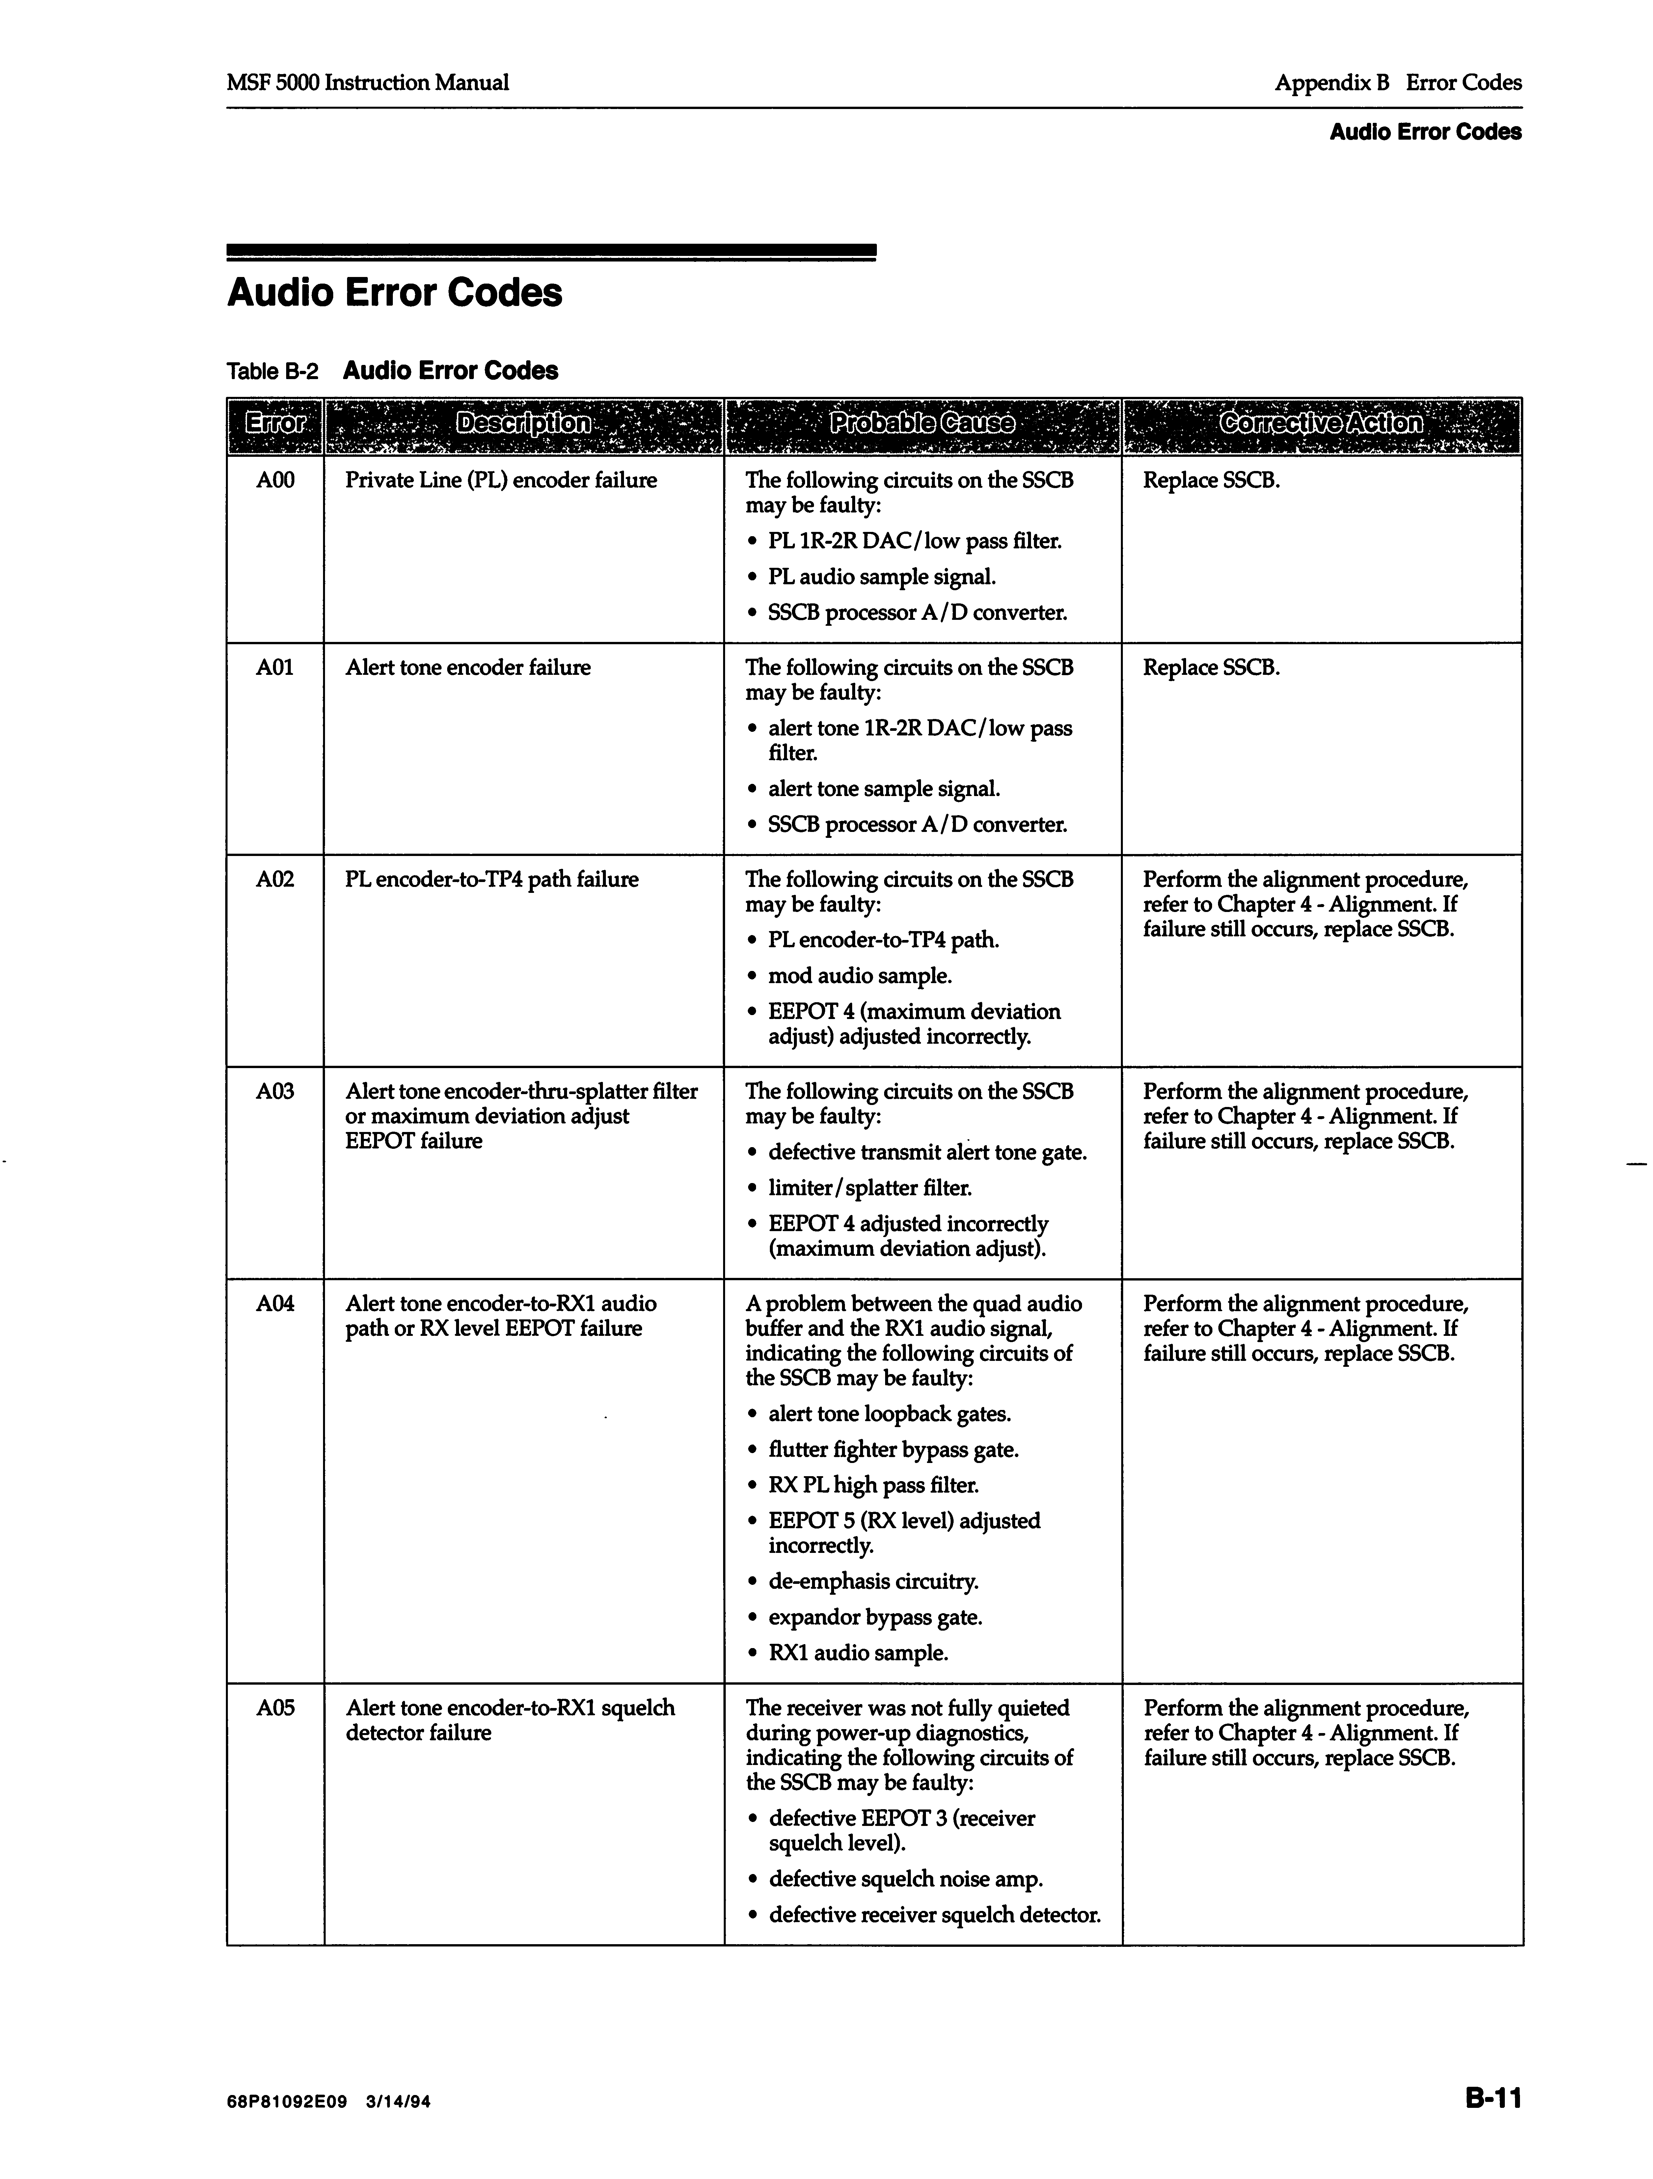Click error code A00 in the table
tap(275, 481)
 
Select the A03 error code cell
tap(275, 1091)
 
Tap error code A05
tap(275, 1708)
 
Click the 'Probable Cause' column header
tap(922, 424)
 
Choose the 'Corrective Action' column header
tap(1321, 424)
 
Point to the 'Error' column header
tap(275, 424)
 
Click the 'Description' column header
tap(523, 424)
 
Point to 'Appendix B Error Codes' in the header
tap(1397, 83)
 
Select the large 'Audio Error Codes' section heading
tap(394, 292)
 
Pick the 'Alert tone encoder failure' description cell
tap(468, 668)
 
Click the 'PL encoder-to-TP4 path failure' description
tap(492, 880)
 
